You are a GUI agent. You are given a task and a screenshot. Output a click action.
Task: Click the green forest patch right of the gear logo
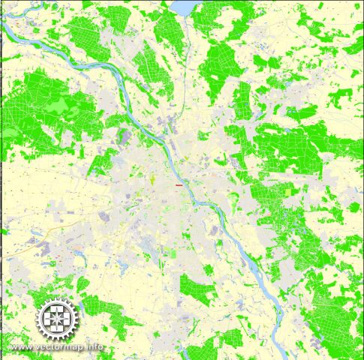[101, 306]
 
